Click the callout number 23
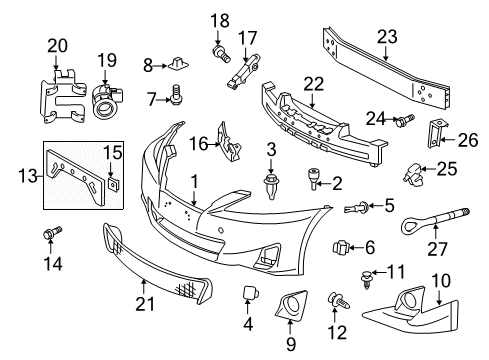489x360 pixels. tap(387, 37)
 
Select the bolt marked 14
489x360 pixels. tap(52, 232)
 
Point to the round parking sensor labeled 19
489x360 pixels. tap(105, 101)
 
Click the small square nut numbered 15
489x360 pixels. tap(114, 183)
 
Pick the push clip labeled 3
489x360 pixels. tap(272, 186)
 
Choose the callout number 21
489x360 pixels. tap(145, 304)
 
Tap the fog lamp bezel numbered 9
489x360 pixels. tap(291, 304)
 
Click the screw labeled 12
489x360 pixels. tap(339, 300)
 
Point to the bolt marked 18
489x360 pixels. tap(221, 53)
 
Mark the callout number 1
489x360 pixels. tap(194, 182)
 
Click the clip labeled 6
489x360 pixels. tap(340, 247)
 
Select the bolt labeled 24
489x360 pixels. tap(404, 120)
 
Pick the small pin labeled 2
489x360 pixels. tap(312, 179)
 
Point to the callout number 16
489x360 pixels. tap(199, 144)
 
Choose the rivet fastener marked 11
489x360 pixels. tap(366, 279)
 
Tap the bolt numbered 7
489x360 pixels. tap(176, 94)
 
